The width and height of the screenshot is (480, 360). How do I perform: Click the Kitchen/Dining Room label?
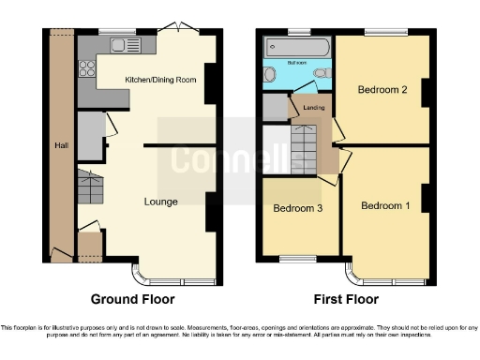coord(160,81)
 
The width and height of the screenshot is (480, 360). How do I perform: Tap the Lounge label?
coord(160,202)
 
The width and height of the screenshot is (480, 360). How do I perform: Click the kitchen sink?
coord(122,44)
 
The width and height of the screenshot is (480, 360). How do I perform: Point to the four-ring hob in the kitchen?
coord(86,67)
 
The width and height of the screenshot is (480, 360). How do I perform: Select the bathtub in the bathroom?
coord(294,47)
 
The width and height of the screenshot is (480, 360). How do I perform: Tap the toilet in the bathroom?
coord(321,73)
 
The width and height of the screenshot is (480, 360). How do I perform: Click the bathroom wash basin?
coord(272,76)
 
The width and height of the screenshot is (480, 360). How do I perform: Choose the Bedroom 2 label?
coord(382,91)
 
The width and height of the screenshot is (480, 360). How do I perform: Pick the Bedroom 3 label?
coord(298,209)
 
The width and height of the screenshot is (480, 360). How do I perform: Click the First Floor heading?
coord(347,299)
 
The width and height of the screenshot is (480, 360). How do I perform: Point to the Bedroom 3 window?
coord(298,260)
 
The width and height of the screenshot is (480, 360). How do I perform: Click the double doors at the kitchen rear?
coord(175,27)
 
